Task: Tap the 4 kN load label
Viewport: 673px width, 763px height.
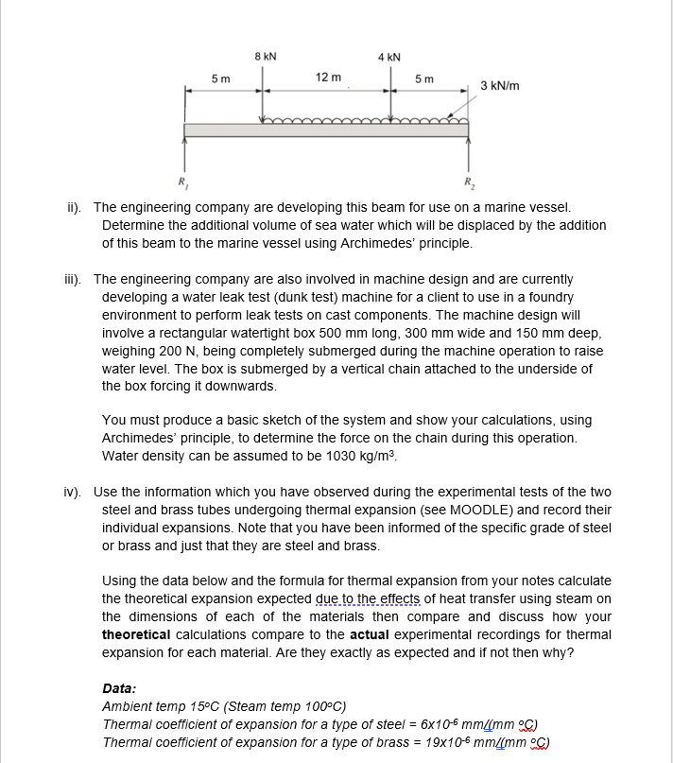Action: [x=388, y=56]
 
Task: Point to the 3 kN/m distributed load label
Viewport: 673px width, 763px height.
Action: [x=500, y=86]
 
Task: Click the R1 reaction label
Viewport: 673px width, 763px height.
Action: [x=177, y=180]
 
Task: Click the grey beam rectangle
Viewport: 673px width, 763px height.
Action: [x=326, y=130]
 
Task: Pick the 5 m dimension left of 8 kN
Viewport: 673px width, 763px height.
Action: [x=219, y=78]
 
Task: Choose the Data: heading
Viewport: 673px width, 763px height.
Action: [x=119, y=689]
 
